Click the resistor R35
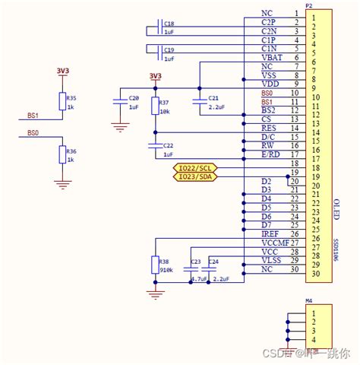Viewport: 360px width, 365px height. pos(62,103)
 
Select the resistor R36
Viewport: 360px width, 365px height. pos(62,155)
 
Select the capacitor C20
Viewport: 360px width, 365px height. pos(119,102)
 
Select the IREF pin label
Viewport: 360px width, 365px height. pos(269,234)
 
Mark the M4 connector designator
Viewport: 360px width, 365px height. pos(308,302)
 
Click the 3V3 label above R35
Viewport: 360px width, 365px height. pos(63,71)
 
